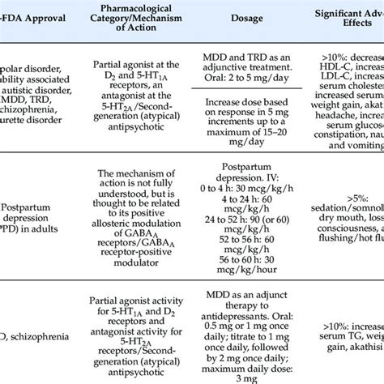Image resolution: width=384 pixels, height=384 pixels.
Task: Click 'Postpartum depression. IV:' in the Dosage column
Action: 250,186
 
